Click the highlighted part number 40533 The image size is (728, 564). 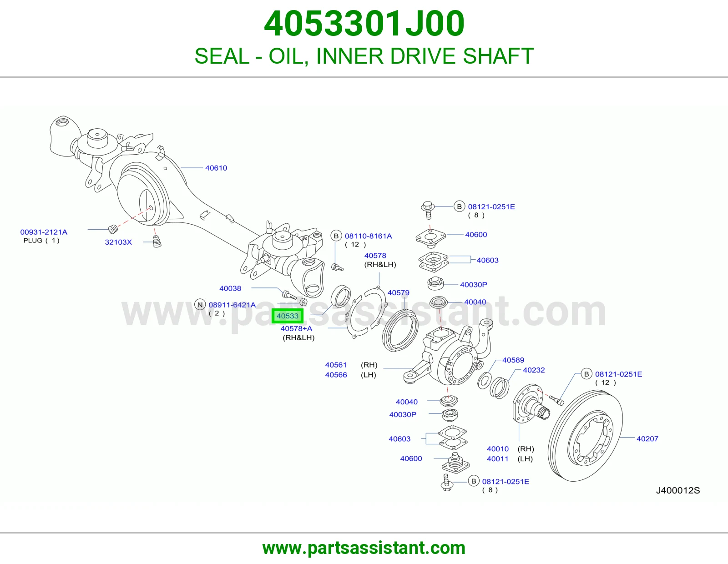pyautogui.click(x=288, y=316)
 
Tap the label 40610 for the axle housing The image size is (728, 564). pyautogui.click(x=216, y=168)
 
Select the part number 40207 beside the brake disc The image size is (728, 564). pyautogui.click(x=647, y=438)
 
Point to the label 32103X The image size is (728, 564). pyautogui.click(x=118, y=242)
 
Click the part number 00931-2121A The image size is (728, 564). pyautogui.click(x=44, y=232)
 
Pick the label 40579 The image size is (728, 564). pyautogui.click(x=398, y=292)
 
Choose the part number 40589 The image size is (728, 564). pyautogui.click(x=513, y=360)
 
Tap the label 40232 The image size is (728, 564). pyautogui.click(x=534, y=370)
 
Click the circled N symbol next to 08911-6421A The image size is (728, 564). pyautogui.click(x=200, y=305)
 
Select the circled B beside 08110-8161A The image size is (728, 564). pyautogui.click(x=336, y=236)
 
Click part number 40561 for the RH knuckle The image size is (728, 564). pyautogui.click(x=336, y=365)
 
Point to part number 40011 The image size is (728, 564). pyautogui.click(x=497, y=459)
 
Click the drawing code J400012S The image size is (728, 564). pyautogui.click(x=678, y=490)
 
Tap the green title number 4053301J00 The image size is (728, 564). pyautogui.click(x=364, y=24)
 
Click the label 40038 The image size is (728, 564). pyautogui.click(x=230, y=288)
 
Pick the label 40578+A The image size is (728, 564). pyautogui.click(x=296, y=328)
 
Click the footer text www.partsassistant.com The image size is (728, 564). pyautogui.click(x=364, y=548)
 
